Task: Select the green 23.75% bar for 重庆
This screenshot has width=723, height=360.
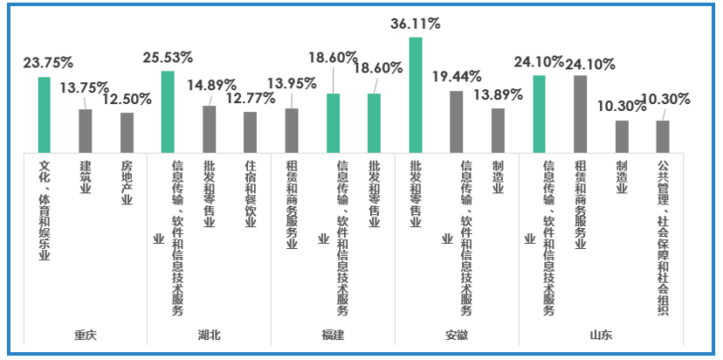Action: point(45,114)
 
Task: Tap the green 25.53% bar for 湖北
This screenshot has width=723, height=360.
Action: point(168,112)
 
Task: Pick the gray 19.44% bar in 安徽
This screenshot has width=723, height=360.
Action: point(457,121)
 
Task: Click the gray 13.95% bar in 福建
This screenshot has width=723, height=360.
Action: point(292,130)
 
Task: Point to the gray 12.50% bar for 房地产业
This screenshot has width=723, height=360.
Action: point(127,132)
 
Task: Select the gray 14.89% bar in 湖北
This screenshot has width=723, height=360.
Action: point(210,129)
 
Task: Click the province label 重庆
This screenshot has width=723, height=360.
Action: point(86,336)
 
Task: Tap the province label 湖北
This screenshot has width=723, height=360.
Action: point(210,336)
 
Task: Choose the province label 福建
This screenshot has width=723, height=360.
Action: point(333,336)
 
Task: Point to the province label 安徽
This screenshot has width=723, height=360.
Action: point(457,336)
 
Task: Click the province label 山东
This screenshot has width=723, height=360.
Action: point(601,336)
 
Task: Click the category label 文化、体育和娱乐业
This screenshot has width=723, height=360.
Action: point(45,210)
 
